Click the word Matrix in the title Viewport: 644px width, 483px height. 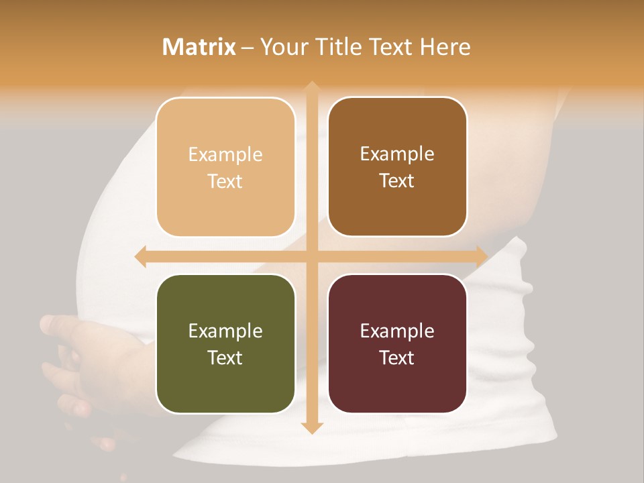pos(199,47)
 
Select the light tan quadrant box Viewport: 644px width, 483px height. pos(225,167)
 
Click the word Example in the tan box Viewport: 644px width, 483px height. pos(225,155)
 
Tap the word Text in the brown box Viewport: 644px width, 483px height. pos(397,181)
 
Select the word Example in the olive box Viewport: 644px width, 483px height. pos(225,331)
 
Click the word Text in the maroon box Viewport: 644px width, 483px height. pos(397,358)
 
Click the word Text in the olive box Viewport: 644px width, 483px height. pos(225,358)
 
